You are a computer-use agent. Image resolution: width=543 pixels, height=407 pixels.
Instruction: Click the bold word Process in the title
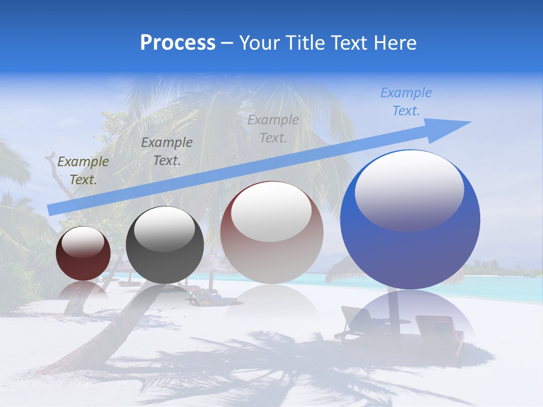click(x=178, y=43)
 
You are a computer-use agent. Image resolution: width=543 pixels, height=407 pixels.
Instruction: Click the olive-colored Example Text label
click(x=83, y=171)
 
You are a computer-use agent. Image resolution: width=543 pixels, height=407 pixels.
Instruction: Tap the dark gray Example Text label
click(x=166, y=151)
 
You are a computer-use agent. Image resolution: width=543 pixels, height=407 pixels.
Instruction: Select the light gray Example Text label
click(x=273, y=128)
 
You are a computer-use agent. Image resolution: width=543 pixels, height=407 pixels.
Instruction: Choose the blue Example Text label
click(x=406, y=102)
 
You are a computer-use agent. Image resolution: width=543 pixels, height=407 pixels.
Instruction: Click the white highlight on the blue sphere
click(x=409, y=190)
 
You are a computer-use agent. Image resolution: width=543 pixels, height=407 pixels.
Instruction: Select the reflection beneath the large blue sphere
click(x=410, y=317)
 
